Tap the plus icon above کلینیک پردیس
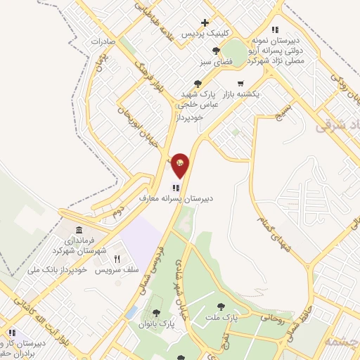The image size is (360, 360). [x=205, y=23]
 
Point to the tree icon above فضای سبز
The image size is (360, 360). [x=216, y=51]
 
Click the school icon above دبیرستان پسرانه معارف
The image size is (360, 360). [x=175, y=188]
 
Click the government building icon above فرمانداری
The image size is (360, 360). [x=78, y=231]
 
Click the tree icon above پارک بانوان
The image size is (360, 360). [x=156, y=314]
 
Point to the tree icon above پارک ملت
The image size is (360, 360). [x=221, y=306]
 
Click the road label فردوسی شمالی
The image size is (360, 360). [x=172, y=249]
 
